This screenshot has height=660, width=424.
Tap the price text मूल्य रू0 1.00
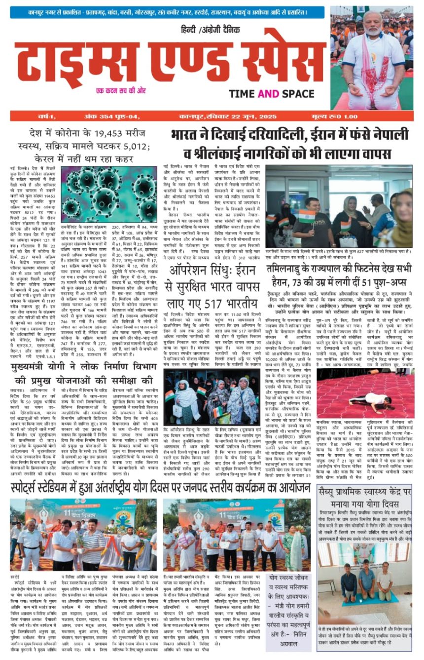(388, 117)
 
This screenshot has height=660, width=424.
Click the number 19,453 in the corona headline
(105, 134)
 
